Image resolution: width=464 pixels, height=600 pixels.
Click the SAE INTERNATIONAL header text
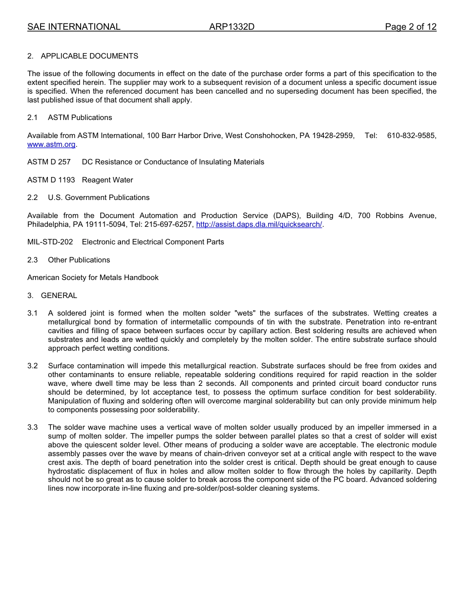[x=74, y=27]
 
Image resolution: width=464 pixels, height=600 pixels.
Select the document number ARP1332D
[x=232, y=27]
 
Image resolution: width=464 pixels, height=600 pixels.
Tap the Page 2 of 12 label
[x=410, y=27]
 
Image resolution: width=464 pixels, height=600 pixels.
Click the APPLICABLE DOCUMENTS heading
[x=89, y=56]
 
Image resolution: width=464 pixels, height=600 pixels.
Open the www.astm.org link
[x=51, y=144]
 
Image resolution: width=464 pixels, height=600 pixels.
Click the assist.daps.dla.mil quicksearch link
[x=259, y=224]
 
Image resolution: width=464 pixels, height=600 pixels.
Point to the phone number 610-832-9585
[x=412, y=136]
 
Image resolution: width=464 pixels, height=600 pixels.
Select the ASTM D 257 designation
[x=49, y=162]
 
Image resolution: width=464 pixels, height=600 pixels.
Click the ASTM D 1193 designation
[x=51, y=180]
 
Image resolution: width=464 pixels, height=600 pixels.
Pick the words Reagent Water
[x=107, y=180]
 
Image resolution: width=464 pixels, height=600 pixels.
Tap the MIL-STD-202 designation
[x=50, y=242]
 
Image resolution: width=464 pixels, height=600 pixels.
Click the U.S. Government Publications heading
[x=99, y=198]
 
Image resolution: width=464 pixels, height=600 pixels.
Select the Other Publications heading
[x=79, y=260]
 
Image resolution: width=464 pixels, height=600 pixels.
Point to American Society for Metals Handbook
[x=93, y=278]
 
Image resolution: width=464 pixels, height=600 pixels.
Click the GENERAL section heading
[x=59, y=296]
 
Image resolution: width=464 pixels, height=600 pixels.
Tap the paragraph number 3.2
[x=32, y=366]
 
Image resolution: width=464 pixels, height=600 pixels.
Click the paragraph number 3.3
[x=32, y=427]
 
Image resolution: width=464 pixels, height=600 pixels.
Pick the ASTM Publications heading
[x=80, y=118]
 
